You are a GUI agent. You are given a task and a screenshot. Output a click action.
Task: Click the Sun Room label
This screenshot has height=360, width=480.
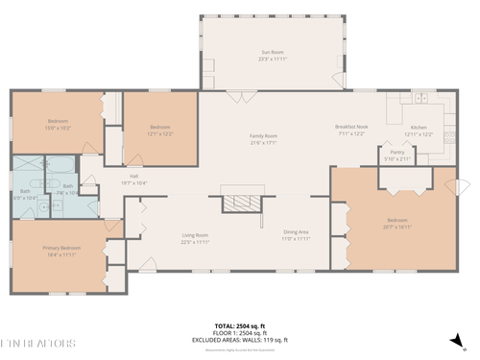coord(274,56)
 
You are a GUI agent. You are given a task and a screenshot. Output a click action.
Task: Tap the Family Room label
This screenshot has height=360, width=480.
coord(263,139)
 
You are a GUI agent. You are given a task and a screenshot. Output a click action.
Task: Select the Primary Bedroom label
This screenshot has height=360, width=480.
coord(60,251)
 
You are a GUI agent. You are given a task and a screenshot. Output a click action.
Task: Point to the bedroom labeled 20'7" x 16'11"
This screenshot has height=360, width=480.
coord(397,225)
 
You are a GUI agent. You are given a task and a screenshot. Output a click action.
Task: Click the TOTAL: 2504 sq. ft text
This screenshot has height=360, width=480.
coord(239,325)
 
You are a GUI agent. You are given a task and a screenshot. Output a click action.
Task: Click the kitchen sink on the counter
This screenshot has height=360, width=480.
coord(420,99)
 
